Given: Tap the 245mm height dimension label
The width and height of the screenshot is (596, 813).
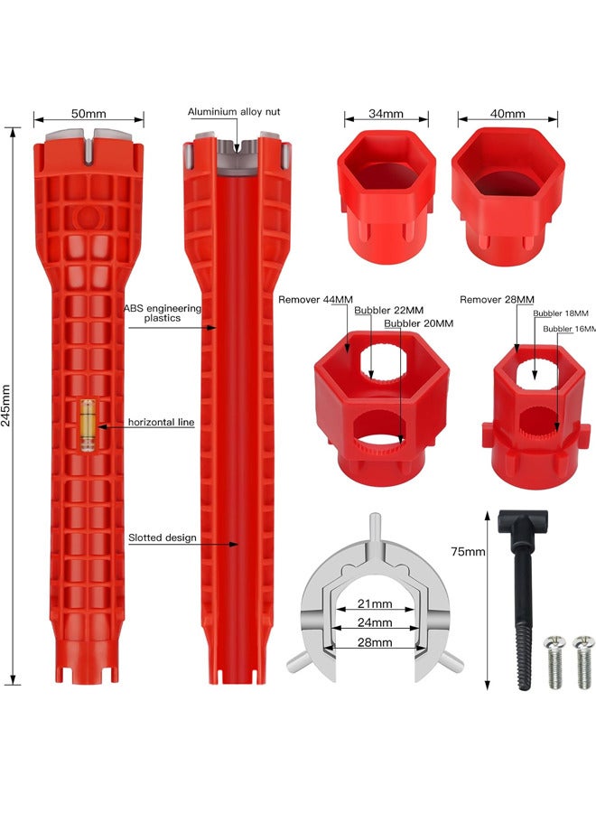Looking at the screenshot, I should click(x=8, y=406).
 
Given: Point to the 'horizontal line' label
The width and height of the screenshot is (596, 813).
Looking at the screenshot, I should click(x=161, y=422).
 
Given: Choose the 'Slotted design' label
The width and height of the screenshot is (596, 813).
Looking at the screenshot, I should click(x=163, y=537).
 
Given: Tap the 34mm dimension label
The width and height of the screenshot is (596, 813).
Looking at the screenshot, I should click(x=386, y=115).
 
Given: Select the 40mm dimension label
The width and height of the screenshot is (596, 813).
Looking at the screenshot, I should click(x=507, y=115).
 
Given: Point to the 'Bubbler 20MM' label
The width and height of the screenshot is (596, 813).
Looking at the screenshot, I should click(x=418, y=323).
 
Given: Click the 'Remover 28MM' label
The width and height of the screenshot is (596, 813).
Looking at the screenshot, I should click(x=497, y=299).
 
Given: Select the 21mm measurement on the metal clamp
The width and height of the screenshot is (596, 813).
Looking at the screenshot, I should click(x=374, y=603).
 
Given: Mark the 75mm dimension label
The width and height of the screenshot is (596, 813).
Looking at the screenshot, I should click(x=468, y=550).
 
